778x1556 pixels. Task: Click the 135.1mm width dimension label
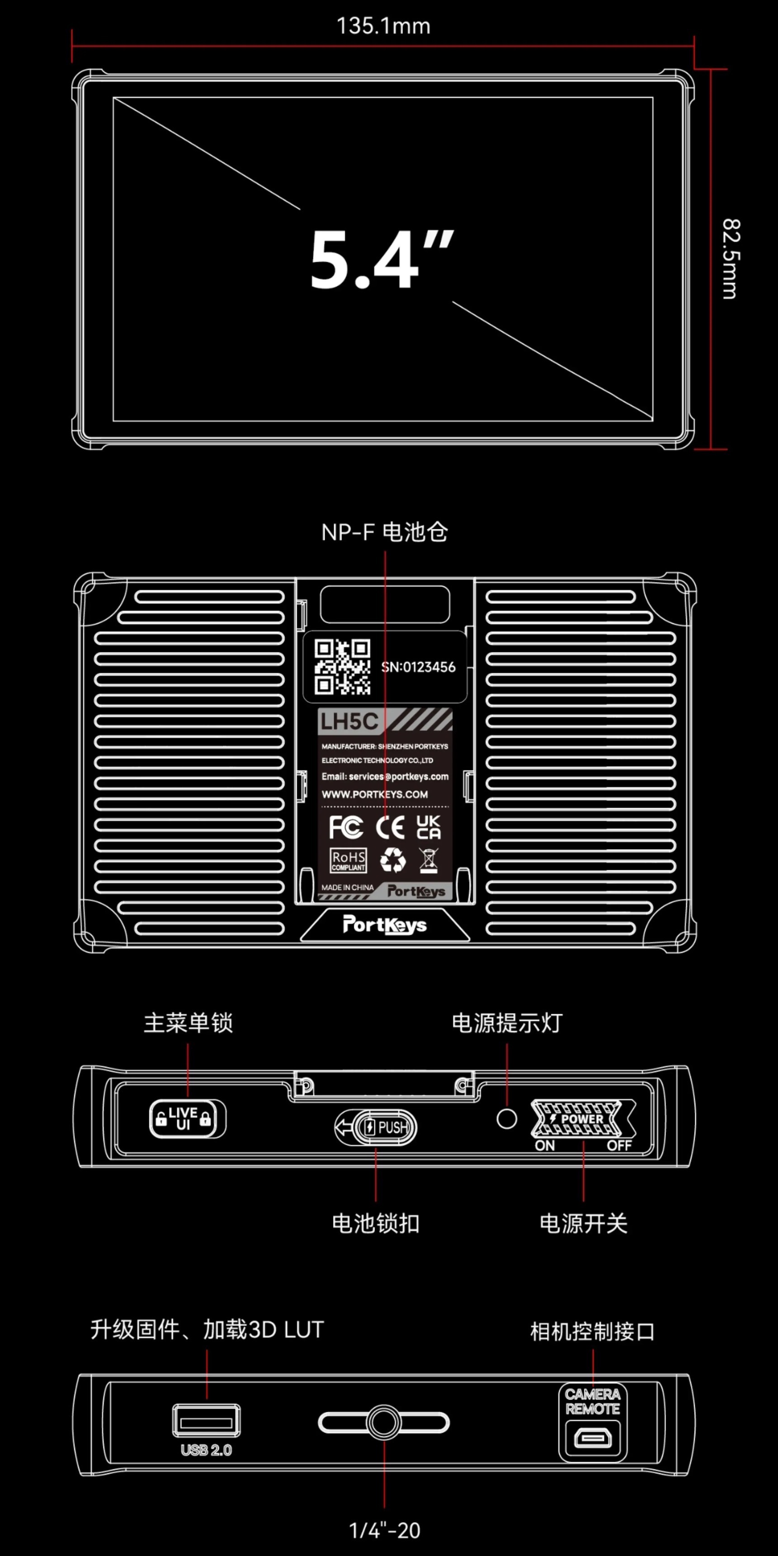click(x=383, y=26)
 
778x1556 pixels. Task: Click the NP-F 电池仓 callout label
click(x=384, y=532)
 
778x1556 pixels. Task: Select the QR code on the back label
click(x=342, y=667)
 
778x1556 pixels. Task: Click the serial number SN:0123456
click(x=418, y=667)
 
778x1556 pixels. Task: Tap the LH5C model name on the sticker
click(x=349, y=721)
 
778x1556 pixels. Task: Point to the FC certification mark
click(x=345, y=827)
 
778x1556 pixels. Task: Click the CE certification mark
click(x=390, y=827)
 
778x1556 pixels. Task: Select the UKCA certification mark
click(x=428, y=827)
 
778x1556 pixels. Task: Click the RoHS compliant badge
click(x=348, y=860)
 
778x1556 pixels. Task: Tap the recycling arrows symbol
click(x=393, y=860)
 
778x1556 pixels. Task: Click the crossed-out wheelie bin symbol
click(x=428, y=860)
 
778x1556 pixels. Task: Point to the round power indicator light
click(x=506, y=1119)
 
